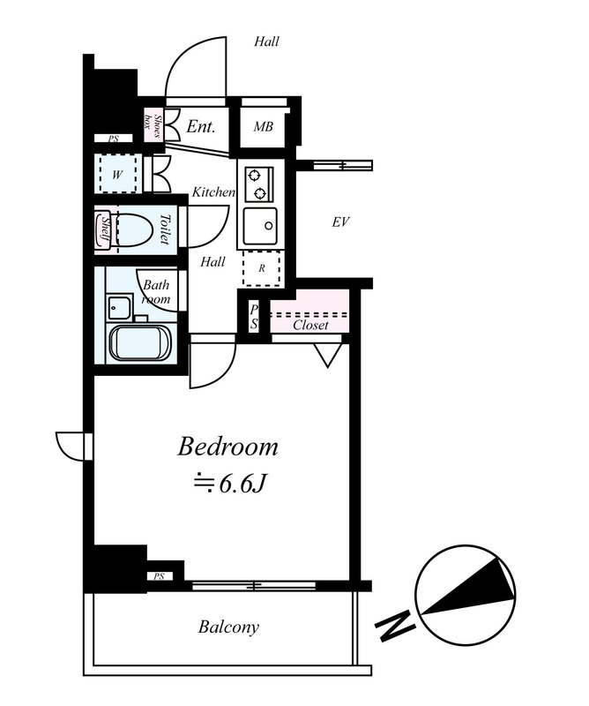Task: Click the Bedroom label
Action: (x=227, y=447)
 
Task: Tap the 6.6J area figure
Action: (x=242, y=484)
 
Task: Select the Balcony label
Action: (x=228, y=627)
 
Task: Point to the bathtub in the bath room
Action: (x=140, y=342)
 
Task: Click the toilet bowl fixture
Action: (x=132, y=229)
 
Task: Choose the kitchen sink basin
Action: (x=260, y=226)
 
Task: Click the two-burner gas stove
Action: (x=259, y=184)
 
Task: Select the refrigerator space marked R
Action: (x=262, y=269)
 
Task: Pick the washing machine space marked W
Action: (x=117, y=174)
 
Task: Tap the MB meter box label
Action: (x=264, y=127)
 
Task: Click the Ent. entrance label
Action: (x=201, y=126)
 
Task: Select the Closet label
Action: (x=310, y=325)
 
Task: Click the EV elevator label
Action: (x=340, y=222)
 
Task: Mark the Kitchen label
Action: (x=213, y=192)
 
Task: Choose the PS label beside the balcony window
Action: (x=159, y=576)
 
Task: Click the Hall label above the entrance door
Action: (x=266, y=41)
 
